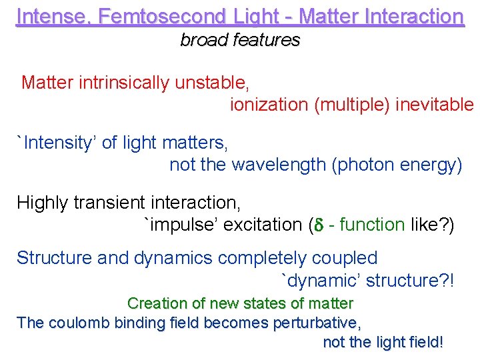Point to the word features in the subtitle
(266, 40)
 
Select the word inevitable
(435, 105)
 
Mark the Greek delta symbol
(318, 225)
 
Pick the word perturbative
(317, 323)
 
